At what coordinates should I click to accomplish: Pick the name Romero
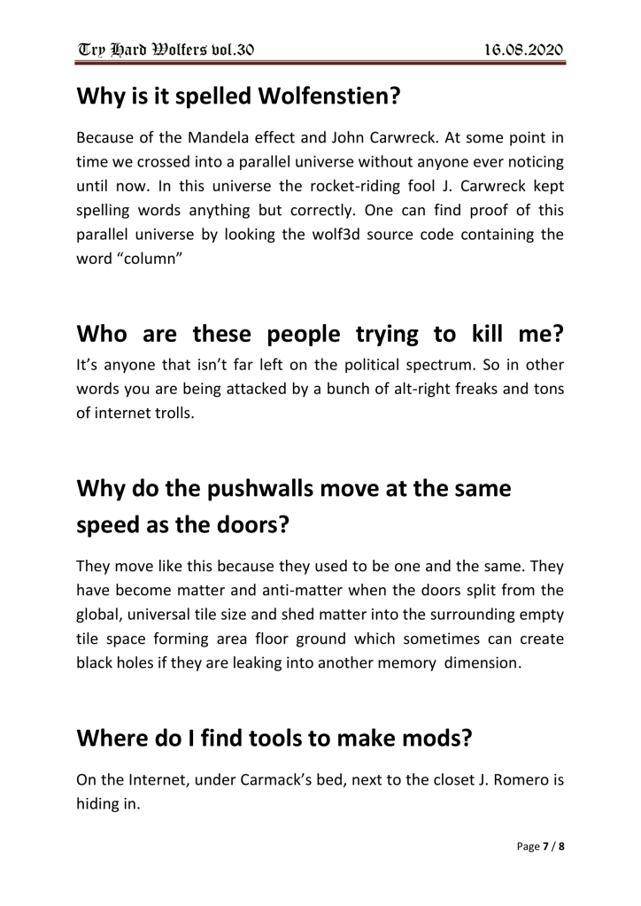coord(507,783)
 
